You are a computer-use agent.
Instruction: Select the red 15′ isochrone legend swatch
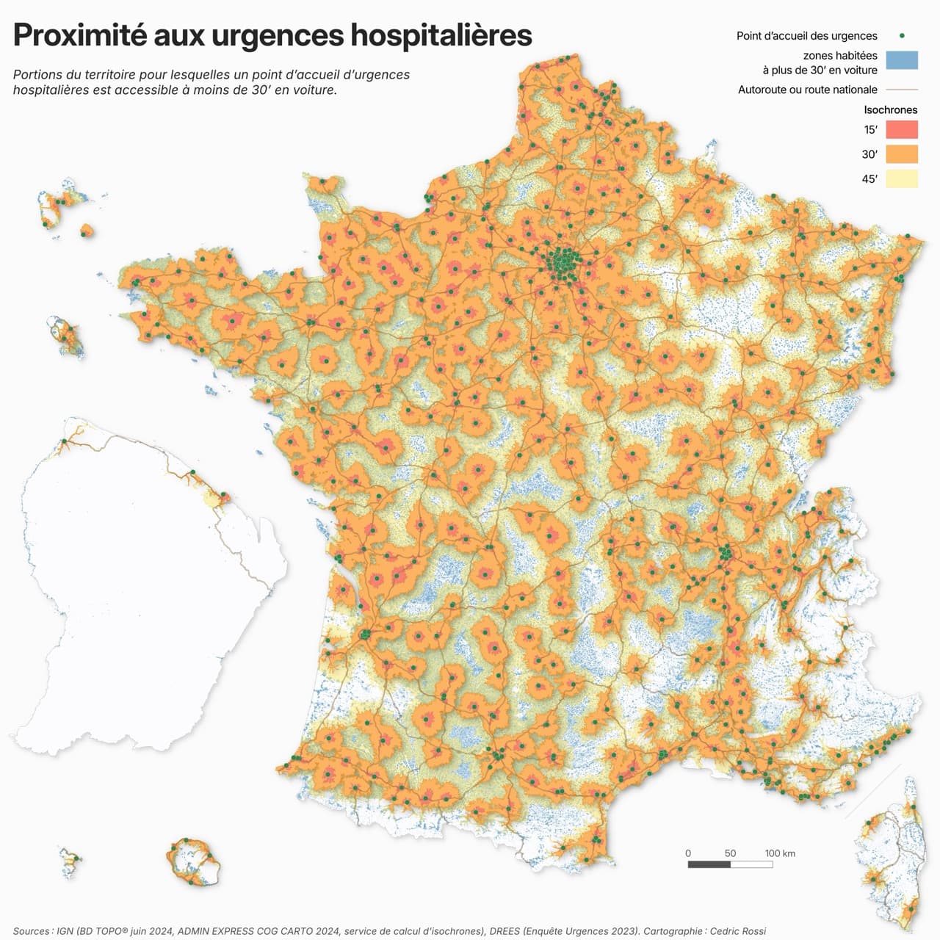901,130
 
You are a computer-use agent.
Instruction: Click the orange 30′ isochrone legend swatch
901,154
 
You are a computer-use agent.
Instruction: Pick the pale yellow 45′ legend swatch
901,178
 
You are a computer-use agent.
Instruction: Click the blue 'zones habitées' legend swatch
901,60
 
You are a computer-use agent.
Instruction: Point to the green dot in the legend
901,35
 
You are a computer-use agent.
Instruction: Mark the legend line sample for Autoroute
901,90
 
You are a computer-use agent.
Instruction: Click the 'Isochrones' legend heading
890,110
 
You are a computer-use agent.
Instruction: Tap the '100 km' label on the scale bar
780,853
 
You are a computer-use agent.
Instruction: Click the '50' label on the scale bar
730,853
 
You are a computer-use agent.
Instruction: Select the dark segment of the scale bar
709,864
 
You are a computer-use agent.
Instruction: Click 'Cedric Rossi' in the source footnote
737,931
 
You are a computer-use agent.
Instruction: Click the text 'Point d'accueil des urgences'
806,36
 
